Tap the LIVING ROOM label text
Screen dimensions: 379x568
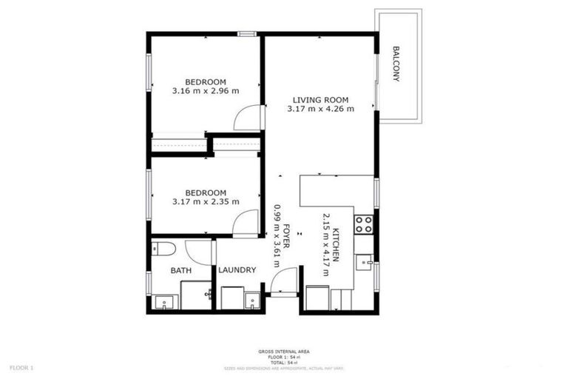[x=320, y=100]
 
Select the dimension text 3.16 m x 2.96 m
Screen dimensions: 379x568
[x=206, y=91]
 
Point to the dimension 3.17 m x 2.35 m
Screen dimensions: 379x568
[x=206, y=201]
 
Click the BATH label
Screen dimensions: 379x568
[x=181, y=271]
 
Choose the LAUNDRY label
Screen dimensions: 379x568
[x=237, y=270]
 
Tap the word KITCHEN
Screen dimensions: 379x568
[x=336, y=244]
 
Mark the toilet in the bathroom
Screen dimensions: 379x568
[x=163, y=248]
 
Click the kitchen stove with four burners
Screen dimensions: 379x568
[x=363, y=224]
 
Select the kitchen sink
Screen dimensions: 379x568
[x=365, y=261]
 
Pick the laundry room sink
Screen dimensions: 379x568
[x=252, y=301]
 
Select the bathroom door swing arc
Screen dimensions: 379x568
[x=198, y=252]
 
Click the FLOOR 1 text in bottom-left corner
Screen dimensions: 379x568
[x=21, y=367]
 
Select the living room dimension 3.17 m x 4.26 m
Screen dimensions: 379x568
[x=320, y=109]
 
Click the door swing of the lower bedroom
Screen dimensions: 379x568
[x=246, y=224]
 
